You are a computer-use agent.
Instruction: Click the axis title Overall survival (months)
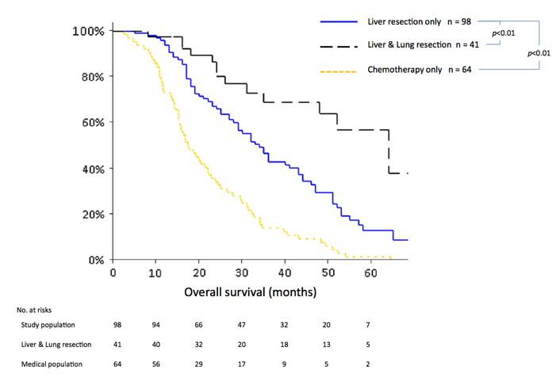251,291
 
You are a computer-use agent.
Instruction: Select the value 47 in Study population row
239,324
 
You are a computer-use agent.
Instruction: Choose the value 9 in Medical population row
282,364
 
